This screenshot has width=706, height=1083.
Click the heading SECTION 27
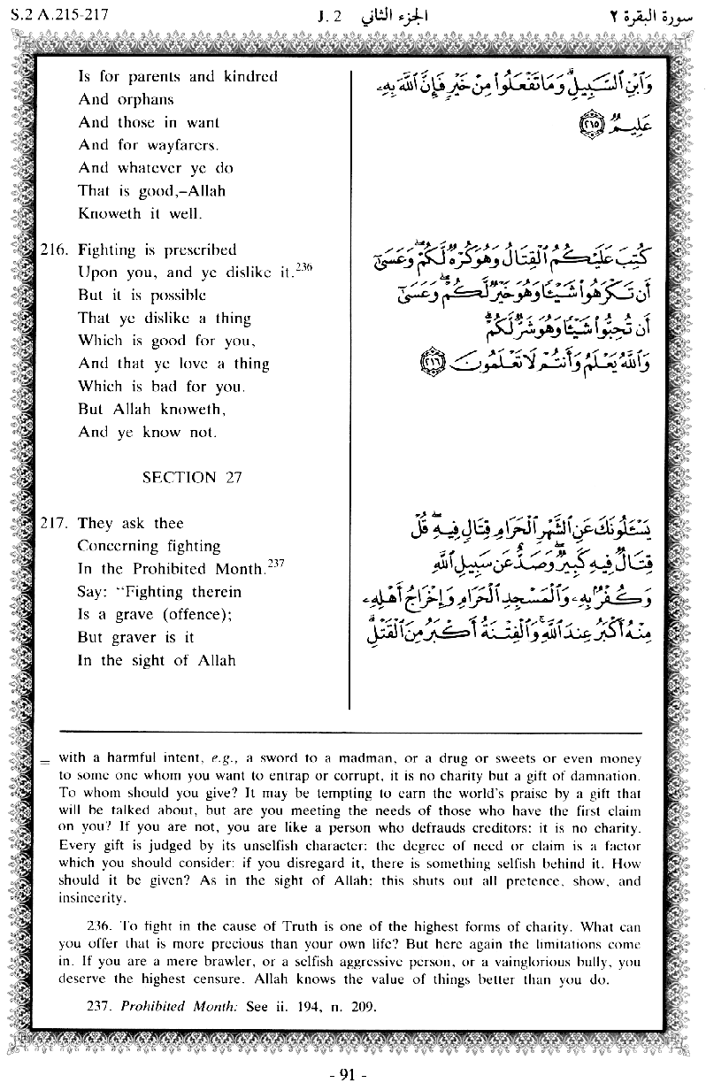192,477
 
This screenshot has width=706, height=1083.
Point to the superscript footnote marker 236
306,267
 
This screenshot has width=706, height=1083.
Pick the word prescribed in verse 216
192,250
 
